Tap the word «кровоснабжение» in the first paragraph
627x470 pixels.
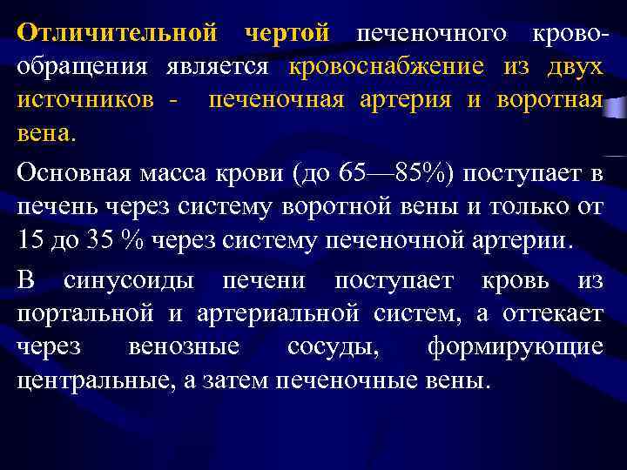click(x=386, y=66)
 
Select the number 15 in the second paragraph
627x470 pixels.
click(x=28, y=240)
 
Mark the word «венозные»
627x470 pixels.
click(x=184, y=346)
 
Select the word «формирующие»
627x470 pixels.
click(x=527, y=346)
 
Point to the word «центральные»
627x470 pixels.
click(x=91, y=380)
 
